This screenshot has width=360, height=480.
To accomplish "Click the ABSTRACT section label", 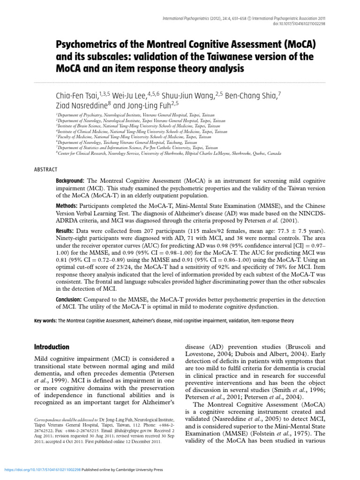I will click(x=45, y=169).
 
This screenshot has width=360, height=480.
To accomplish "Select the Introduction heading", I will click(x=52, y=347).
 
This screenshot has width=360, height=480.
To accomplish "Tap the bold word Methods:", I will click(x=67, y=205).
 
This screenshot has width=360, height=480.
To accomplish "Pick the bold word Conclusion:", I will click(x=69, y=299).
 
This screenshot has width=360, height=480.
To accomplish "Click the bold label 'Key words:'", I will click(x=45, y=321).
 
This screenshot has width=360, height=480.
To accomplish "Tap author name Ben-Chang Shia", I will click(x=250, y=96).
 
